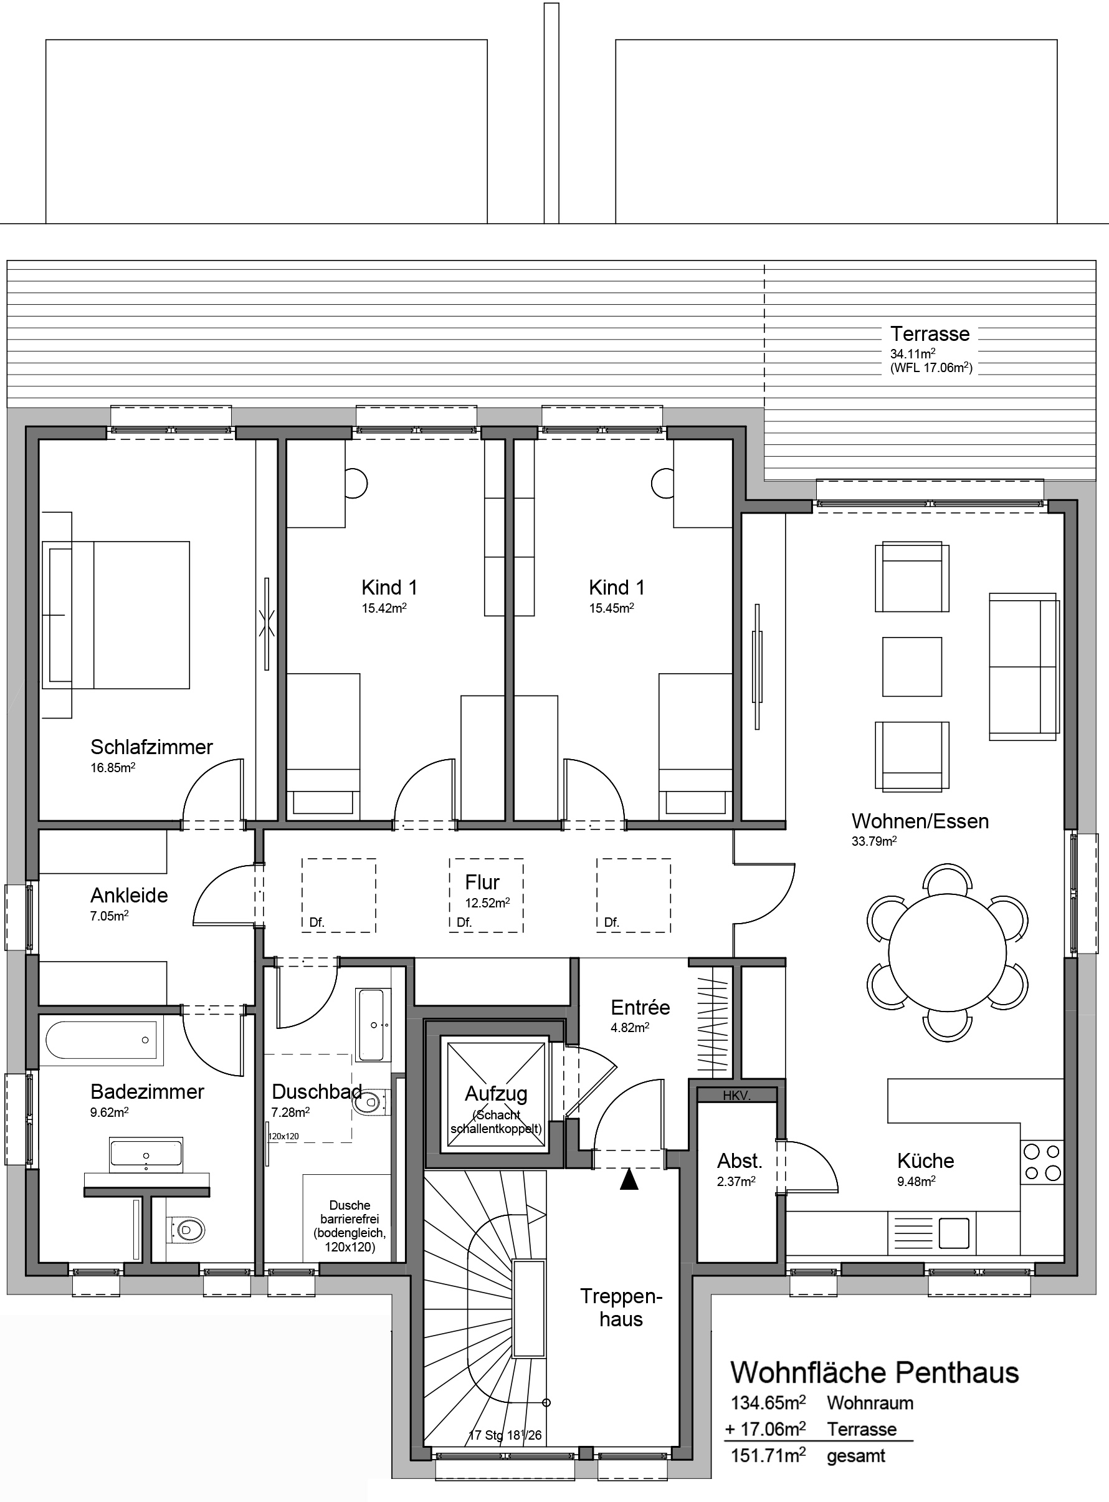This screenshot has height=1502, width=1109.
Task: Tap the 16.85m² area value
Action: coord(113,767)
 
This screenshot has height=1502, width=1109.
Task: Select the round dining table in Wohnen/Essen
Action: coord(947,952)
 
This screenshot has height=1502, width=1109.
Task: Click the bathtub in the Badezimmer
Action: coord(101,1040)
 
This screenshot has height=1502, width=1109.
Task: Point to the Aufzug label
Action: coord(496,1094)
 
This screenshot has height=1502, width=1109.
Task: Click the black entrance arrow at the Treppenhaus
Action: coord(629,1180)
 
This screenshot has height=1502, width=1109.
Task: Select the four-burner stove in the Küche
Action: coord(1042,1163)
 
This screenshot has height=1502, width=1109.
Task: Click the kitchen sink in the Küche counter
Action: coord(953,1233)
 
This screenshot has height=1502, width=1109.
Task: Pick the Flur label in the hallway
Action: coord(482,882)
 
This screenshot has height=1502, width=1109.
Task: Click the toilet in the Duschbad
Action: coord(369,1103)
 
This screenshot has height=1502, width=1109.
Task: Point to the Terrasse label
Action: coord(930,333)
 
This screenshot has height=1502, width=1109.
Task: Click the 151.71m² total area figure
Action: coord(768,1456)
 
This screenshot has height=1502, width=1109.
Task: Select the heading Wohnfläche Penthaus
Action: coord(874,1373)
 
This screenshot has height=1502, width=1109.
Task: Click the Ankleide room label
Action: coord(129,895)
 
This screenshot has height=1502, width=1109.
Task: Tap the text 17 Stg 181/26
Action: coord(505,1435)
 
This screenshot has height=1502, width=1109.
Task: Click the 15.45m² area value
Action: coord(612,608)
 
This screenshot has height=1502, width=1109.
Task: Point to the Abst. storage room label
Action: coord(739,1161)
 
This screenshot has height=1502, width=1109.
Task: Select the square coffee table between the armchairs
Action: coord(911,667)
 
